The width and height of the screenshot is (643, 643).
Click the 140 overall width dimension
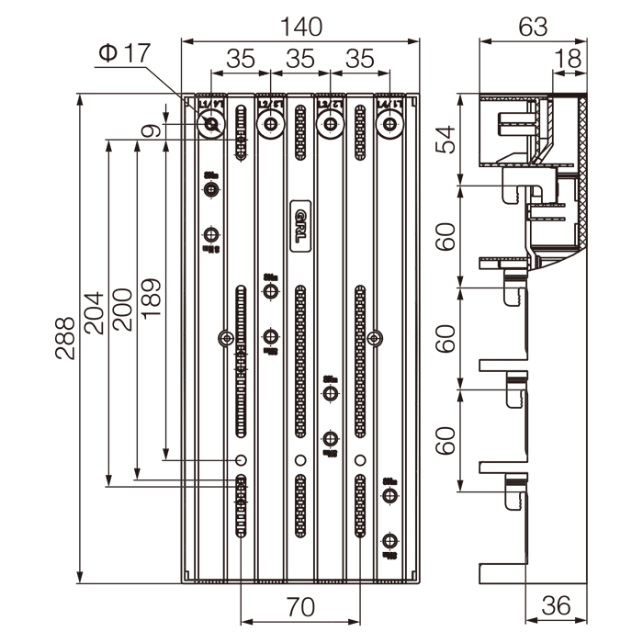coord(302,25)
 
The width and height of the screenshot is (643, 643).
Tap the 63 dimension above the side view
coord(533,25)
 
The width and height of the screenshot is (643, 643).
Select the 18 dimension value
coord(569,58)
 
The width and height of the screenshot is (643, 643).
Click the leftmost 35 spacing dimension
coord(241,58)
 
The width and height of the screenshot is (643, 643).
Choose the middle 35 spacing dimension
coord(300,58)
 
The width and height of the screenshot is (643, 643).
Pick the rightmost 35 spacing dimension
coord(360,58)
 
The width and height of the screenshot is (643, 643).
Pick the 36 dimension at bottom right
coord(556,606)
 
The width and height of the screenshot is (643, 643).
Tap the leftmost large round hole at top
coord(211,124)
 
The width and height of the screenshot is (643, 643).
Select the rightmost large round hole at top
coord(390,124)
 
